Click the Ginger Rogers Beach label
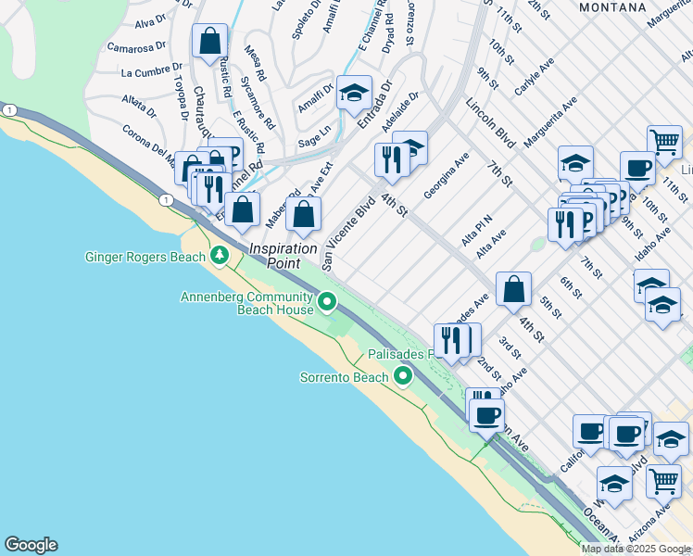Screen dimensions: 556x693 point(145,257)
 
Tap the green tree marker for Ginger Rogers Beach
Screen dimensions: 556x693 point(220,254)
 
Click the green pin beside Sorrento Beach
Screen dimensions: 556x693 point(403,376)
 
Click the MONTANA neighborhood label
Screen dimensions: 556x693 point(611,6)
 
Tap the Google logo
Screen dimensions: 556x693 point(31,545)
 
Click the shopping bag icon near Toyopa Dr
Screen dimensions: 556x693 point(210,42)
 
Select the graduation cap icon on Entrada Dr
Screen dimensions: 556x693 point(353,93)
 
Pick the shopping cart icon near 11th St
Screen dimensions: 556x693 point(663,142)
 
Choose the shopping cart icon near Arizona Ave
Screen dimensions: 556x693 point(663,480)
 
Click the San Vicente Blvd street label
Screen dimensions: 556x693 point(348,234)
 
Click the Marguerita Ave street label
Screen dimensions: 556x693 point(549,121)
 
